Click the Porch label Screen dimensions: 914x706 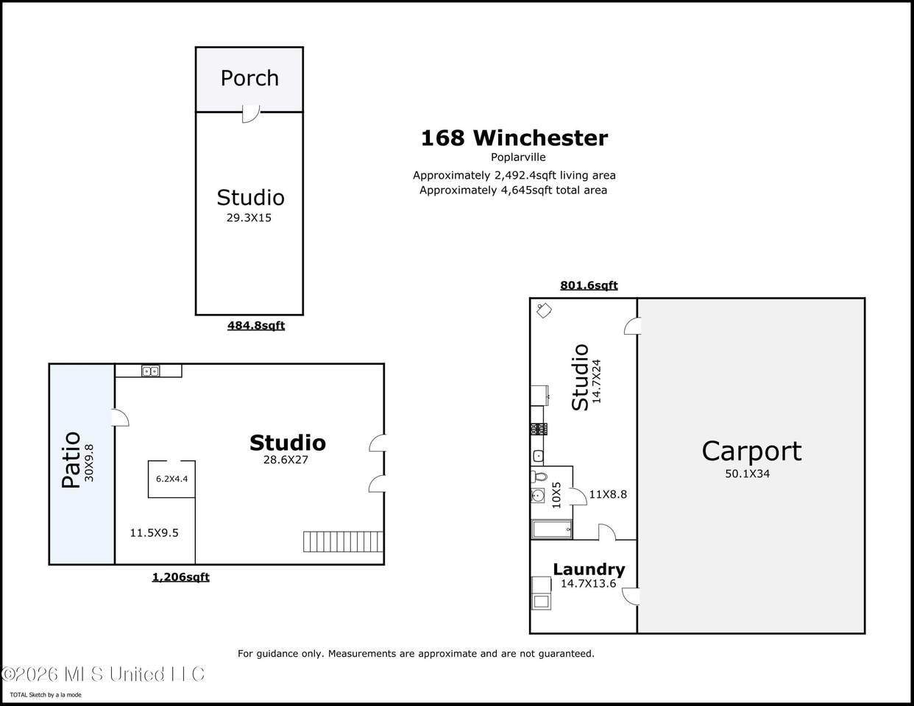(x=249, y=78)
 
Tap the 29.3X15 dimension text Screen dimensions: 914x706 (x=249, y=218)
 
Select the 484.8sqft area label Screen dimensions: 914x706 (x=256, y=326)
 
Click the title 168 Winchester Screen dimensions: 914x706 (x=514, y=138)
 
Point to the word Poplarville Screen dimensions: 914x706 (x=518, y=157)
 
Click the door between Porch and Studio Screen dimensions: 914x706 (x=251, y=114)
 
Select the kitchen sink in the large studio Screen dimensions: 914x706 (x=150, y=371)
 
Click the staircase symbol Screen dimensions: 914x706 (x=343, y=541)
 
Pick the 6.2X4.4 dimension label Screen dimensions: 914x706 (x=171, y=479)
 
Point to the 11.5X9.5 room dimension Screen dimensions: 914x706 (x=154, y=533)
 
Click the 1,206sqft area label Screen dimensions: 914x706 (x=181, y=577)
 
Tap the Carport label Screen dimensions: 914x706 (x=751, y=452)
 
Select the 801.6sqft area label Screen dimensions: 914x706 (x=589, y=285)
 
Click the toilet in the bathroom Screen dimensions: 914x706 (x=539, y=477)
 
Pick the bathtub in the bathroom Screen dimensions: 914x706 (x=552, y=529)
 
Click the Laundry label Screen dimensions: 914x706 (x=589, y=569)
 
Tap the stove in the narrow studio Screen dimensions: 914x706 (x=539, y=429)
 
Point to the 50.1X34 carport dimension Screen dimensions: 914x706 (x=748, y=474)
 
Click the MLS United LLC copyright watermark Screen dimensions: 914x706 (x=102, y=674)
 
